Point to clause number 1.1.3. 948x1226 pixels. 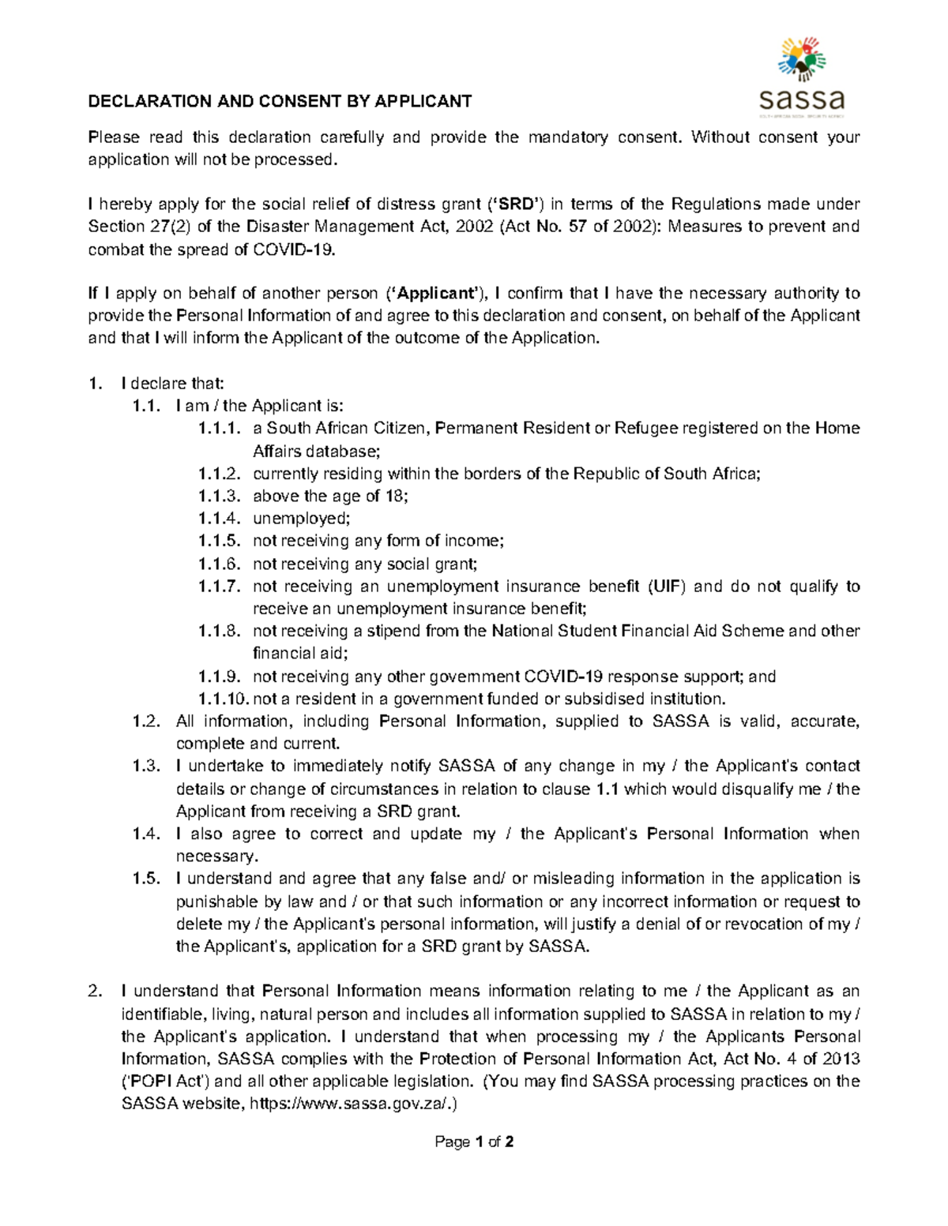[218, 496]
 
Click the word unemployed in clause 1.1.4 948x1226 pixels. [300, 519]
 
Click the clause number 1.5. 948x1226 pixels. [147, 879]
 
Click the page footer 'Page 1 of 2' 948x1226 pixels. [474, 1142]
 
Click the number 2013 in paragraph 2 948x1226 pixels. [840, 1059]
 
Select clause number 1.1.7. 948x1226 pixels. [218, 586]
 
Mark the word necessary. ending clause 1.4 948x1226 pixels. [216, 857]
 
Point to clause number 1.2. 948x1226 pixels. [147, 721]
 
